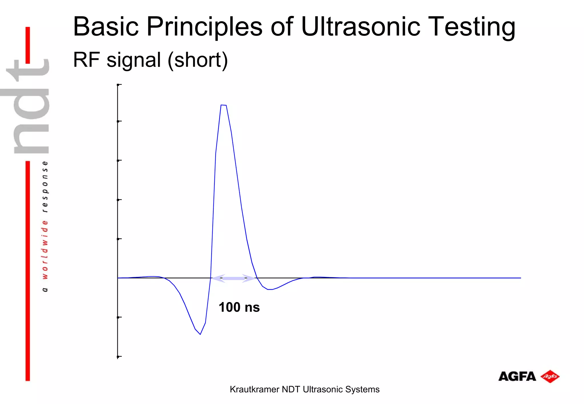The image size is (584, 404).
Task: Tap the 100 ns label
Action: click(239, 307)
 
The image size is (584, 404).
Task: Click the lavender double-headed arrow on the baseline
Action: click(234, 278)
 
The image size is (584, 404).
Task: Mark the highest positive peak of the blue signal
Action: click(224, 105)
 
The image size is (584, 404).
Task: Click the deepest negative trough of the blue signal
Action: click(200, 334)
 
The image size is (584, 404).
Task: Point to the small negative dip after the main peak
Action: click(270, 289)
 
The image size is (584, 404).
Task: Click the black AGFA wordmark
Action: click(517, 377)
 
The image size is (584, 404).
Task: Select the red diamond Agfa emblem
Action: click(550, 376)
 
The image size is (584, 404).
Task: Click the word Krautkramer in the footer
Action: click(254, 389)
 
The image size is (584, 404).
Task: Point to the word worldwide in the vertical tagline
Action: click(45, 249)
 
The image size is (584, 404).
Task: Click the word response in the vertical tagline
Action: click(45, 187)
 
